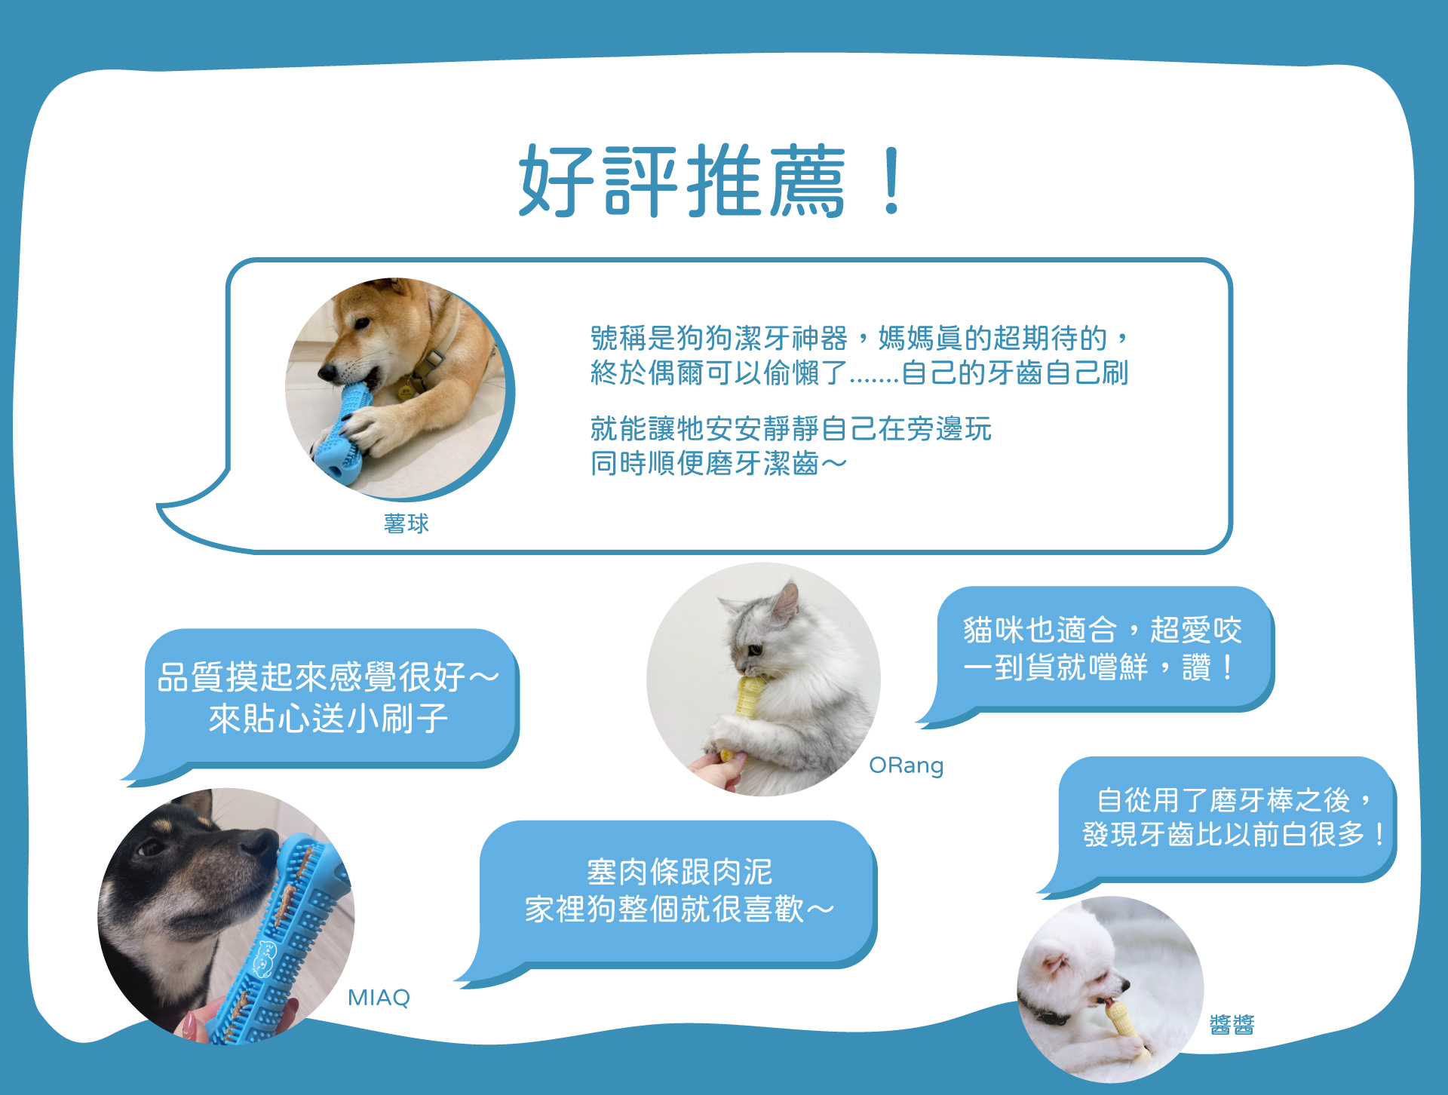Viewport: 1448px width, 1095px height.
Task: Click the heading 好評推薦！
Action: pos(712,181)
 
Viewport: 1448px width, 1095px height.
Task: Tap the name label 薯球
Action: pos(406,523)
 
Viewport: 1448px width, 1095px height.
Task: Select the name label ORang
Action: pos(906,765)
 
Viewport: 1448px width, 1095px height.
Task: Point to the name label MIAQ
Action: pos(379,997)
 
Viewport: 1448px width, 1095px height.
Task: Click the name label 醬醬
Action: pos(1232,1024)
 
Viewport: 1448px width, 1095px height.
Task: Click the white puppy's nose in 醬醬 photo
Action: pos(1125,984)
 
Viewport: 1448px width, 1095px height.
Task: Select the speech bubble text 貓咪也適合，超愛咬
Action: pos(1102,630)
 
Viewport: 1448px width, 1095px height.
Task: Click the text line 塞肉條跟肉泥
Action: pos(680,872)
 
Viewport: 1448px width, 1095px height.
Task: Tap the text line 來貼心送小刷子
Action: pos(328,718)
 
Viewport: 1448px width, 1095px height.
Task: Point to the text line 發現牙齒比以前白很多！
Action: pos(1234,834)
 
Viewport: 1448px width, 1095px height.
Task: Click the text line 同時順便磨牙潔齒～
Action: pos(719,463)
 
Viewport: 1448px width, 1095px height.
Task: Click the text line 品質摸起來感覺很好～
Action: pos(328,676)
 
